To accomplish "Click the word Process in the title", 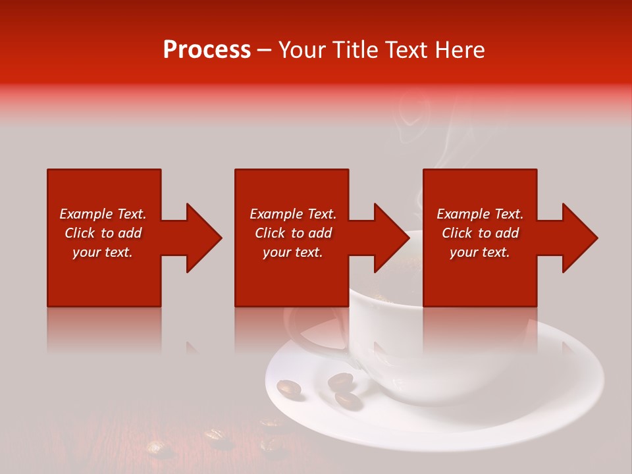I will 207,50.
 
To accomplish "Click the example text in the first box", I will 103,233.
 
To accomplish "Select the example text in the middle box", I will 292,233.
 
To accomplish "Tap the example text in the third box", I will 480,233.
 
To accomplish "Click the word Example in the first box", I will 86,214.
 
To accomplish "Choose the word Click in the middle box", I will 270,233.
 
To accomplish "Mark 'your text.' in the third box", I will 480,252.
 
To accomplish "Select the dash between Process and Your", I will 265,50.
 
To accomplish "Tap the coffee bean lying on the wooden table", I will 214,434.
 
